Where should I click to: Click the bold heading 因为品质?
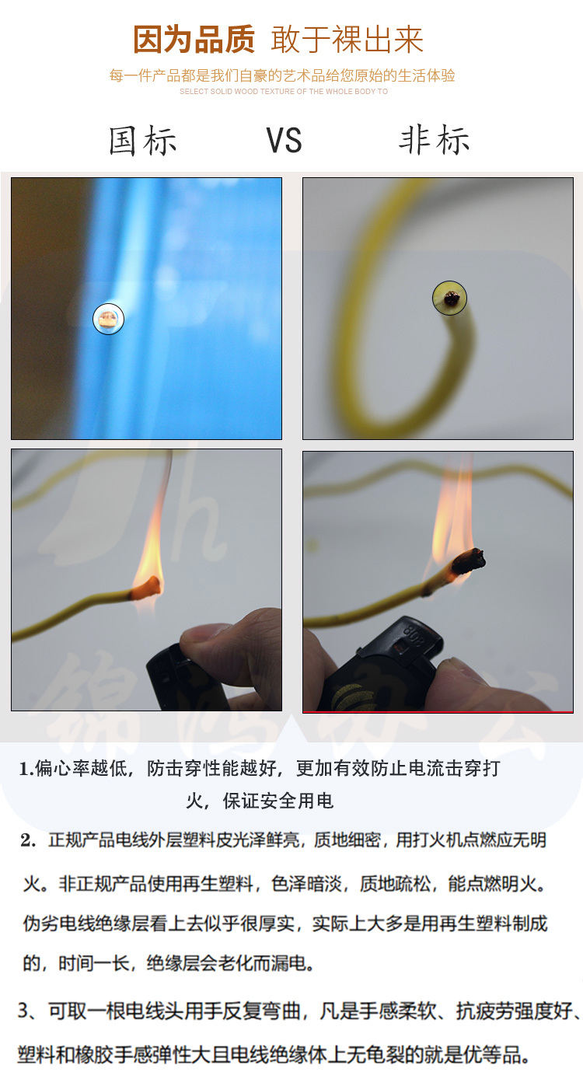194,40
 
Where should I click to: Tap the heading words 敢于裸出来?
347,40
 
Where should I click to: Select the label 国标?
142,141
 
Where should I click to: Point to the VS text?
284,141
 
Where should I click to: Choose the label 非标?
435,140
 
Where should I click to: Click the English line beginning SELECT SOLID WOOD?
284,91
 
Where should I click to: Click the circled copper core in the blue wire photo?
108,319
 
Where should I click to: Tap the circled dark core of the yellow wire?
450,298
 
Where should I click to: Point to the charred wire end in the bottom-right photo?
468,562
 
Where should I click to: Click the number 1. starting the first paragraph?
26,769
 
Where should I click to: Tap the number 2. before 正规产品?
28,840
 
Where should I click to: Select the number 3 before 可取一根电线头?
23,1011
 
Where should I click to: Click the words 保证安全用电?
278,801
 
